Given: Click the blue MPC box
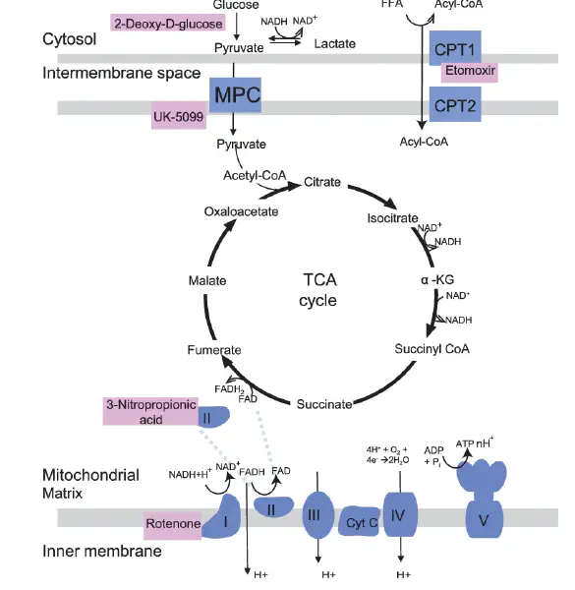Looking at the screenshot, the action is pyautogui.click(x=235, y=94).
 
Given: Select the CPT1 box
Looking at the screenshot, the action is pyautogui.click(x=455, y=48).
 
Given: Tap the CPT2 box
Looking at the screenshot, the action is pyautogui.click(x=455, y=104).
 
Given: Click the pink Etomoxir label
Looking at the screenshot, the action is pyautogui.click(x=469, y=72).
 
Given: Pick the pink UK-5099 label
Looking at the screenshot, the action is pyautogui.click(x=179, y=115).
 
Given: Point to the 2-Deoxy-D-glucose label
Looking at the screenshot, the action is pyautogui.click(x=168, y=24).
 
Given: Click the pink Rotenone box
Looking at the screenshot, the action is pyautogui.click(x=173, y=525).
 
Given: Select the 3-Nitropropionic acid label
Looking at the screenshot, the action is pyautogui.click(x=150, y=411).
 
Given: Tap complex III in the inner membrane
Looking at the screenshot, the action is pyautogui.click(x=318, y=515).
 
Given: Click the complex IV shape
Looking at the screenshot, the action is pyautogui.click(x=400, y=514).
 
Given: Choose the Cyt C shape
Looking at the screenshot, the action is pyautogui.click(x=359, y=521).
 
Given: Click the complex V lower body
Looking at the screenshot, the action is pyautogui.click(x=484, y=519).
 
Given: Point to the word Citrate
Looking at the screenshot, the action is pyautogui.click(x=322, y=182).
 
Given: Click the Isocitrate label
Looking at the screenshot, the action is pyautogui.click(x=392, y=218).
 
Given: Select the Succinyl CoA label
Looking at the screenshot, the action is pyautogui.click(x=432, y=349).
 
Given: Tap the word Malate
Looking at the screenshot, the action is pyautogui.click(x=207, y=280).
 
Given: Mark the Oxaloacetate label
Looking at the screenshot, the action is pyautogui.click(x=241, y=211).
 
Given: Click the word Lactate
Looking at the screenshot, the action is pyautogui.click(x=335, y=44).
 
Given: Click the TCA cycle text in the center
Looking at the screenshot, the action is pyautogui.click(x=318, y=290).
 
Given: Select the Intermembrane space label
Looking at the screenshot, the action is pyautogui.click(x=122, y=73).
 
